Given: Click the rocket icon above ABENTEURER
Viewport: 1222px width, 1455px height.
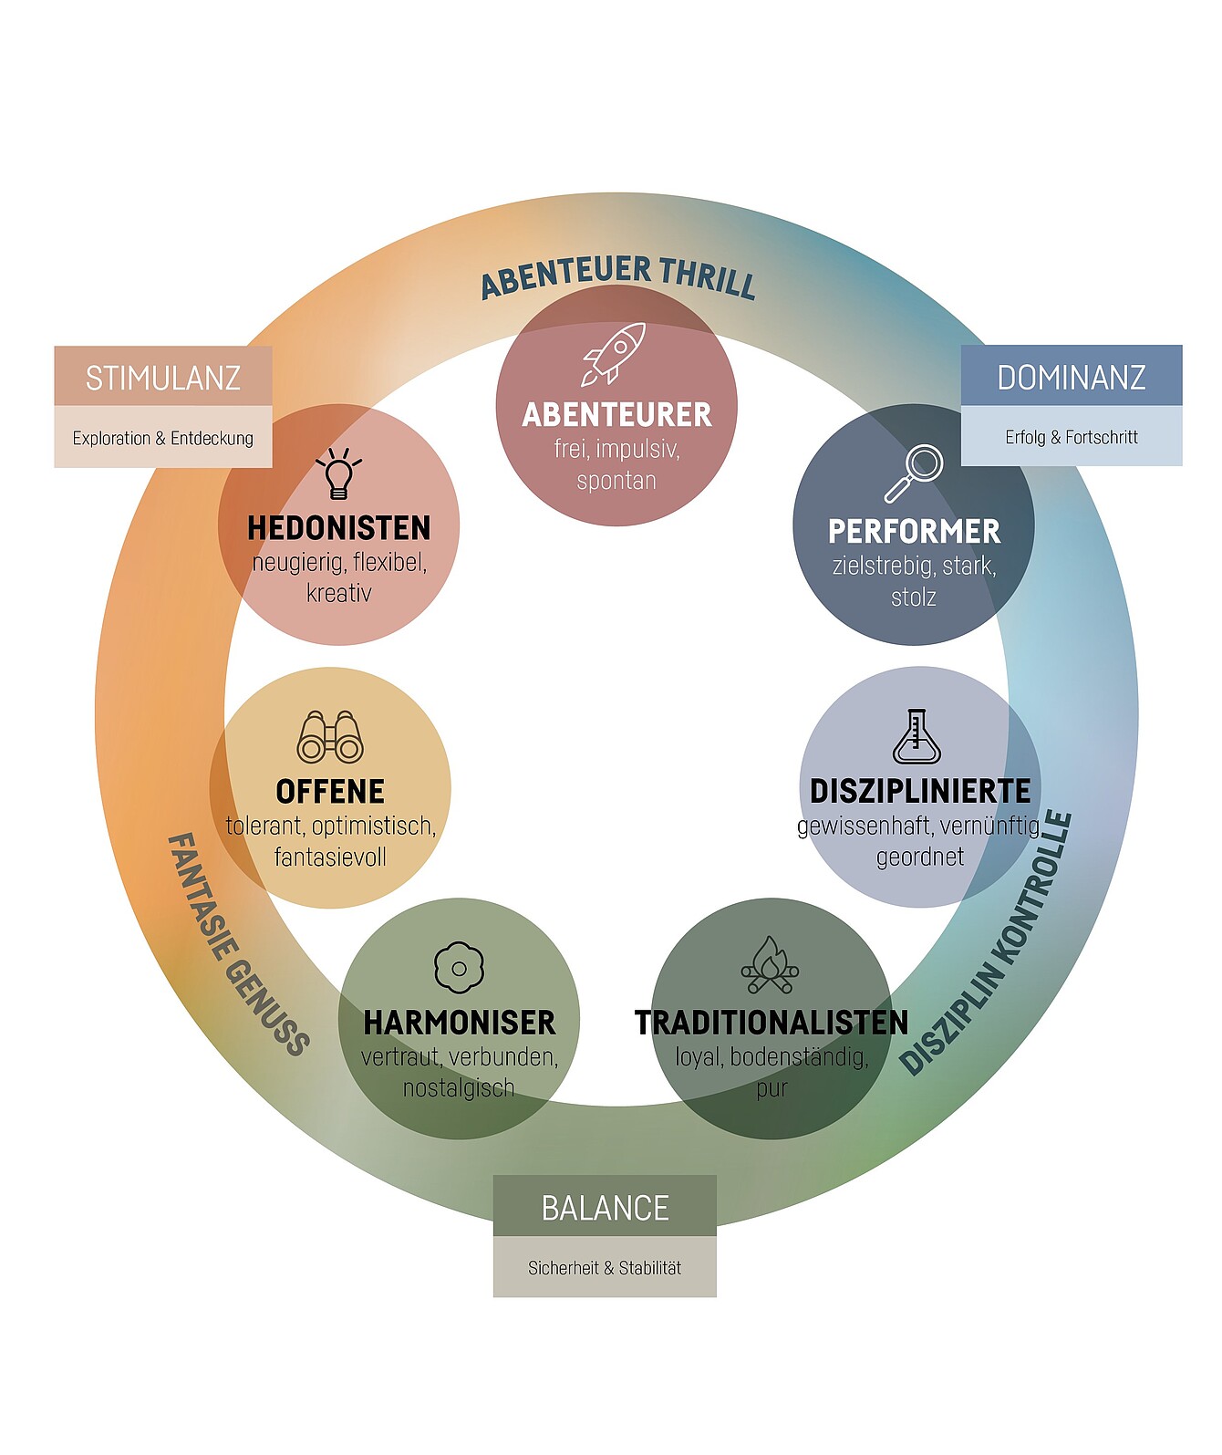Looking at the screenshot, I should point(615,353).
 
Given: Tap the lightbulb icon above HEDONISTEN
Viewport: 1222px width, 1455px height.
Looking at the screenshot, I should point(338,473).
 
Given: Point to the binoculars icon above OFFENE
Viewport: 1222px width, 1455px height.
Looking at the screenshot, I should point(330,737).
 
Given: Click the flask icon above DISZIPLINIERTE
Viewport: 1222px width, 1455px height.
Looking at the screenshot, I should point(916,736).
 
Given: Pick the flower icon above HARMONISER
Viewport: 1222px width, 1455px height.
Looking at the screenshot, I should point(459,967).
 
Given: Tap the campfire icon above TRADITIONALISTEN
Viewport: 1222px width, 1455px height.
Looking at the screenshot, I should point(770,966).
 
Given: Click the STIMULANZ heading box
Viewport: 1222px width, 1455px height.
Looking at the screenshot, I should point(163,377).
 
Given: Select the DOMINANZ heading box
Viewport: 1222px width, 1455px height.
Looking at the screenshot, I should point(1072,376).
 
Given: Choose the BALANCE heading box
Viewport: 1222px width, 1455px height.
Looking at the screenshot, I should point(605,1207).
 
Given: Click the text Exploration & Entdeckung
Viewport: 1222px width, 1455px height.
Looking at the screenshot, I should point(163,438).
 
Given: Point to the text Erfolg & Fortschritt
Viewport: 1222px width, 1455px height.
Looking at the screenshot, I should point(1072,437).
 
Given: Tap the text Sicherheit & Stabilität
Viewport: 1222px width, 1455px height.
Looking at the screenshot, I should point(605,1267).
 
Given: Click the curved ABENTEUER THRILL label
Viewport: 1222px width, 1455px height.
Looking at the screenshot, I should point(618,275).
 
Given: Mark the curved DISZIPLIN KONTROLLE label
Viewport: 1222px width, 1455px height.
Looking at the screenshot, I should point(987,945).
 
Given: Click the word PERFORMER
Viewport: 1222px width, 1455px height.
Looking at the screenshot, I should point(914,531).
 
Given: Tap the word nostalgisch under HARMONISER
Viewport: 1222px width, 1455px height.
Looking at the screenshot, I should point(459,1087).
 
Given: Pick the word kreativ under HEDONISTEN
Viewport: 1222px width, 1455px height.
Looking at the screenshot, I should point(339,593).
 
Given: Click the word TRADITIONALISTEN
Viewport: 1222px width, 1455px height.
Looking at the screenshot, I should point(772,1023).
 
